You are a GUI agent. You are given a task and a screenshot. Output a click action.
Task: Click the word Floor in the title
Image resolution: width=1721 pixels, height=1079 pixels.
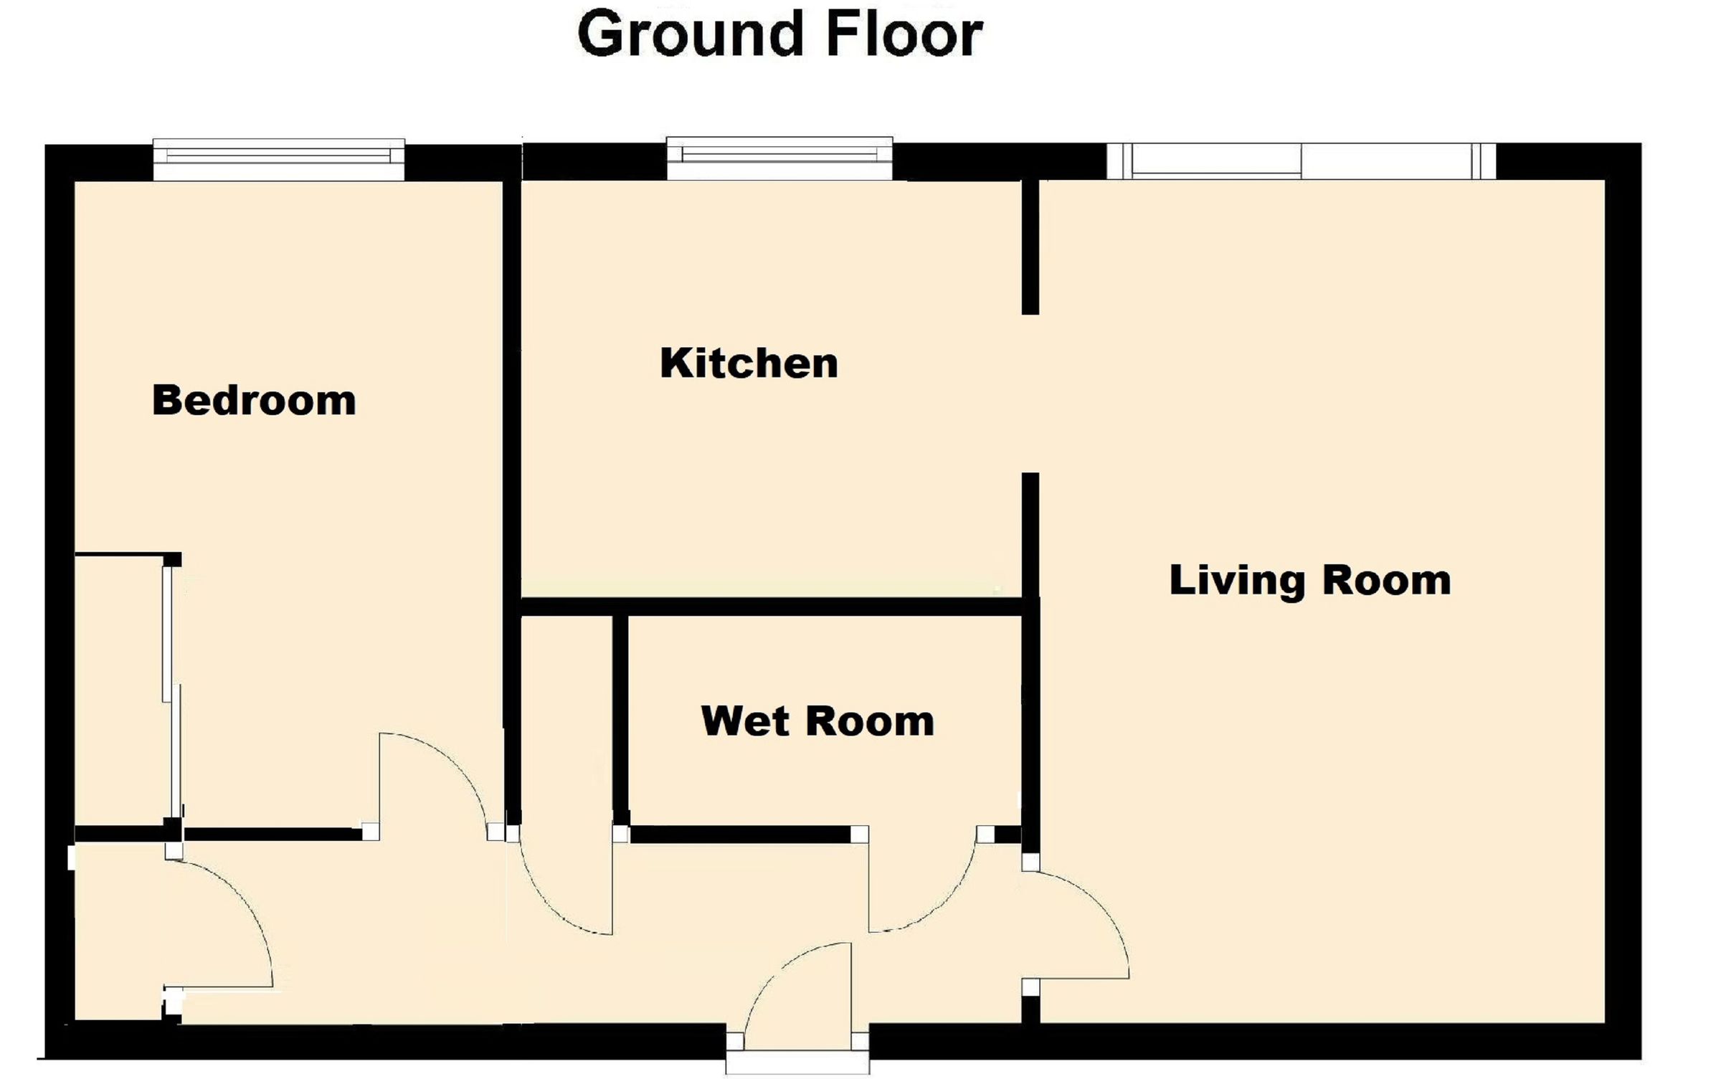point(904,34)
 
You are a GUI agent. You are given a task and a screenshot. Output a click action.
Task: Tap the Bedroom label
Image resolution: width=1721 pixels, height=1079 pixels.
point(254,400)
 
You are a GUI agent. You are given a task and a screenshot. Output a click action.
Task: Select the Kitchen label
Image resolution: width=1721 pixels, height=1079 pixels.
point(749,363)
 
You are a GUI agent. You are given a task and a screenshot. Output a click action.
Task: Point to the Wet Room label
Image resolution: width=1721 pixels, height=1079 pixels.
point(817,721)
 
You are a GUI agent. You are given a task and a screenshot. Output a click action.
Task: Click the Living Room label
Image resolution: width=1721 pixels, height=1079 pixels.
point(1310,580)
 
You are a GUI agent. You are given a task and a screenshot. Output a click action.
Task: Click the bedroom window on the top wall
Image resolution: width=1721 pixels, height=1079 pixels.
point(278,159)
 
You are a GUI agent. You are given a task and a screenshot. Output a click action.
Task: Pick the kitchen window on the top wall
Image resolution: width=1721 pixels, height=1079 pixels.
point(779,158)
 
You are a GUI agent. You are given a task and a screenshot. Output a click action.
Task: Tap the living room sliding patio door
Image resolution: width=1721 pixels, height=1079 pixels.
point(1301,161)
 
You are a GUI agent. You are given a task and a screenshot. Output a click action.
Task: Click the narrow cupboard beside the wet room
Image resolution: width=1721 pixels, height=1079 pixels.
point(566,717)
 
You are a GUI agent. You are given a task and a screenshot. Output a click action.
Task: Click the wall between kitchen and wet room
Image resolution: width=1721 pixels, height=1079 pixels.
point(771,607)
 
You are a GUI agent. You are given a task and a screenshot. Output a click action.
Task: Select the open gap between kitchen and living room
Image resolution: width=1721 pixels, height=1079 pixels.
point(1030,393)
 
